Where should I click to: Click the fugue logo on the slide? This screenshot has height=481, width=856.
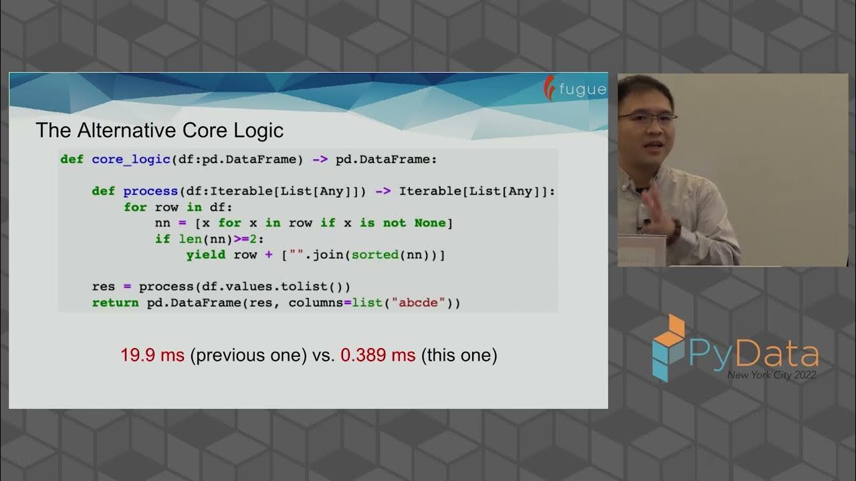[x=575, y=89]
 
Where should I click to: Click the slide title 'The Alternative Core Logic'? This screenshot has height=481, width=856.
[x=159, y=130]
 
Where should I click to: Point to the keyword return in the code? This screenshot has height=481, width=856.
[x=116, y=303]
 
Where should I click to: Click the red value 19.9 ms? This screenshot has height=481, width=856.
[x=152, y=355]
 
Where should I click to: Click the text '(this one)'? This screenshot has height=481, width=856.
[x=459, y=355]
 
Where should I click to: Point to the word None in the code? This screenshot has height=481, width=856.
[x=429, y=223]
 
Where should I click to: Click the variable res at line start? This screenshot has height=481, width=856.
[x=104, y=287]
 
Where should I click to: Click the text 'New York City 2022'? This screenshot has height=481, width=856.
[x=772, y=375]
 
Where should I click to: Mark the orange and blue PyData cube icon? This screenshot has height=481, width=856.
[x=669, y=347]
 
